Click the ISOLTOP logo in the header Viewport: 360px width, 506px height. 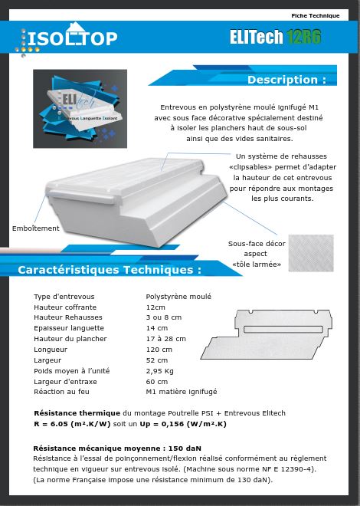70,38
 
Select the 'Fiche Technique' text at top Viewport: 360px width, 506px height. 315,15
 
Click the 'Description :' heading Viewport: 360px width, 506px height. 286,80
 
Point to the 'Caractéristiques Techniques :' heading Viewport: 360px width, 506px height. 110,270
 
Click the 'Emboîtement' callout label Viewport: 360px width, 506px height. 35,228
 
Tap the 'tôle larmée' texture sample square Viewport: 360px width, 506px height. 311,253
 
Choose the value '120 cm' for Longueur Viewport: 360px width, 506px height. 159,350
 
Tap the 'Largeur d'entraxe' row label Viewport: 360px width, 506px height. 62,382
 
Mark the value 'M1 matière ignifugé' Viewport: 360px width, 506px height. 181,392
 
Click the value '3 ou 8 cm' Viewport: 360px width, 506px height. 164,317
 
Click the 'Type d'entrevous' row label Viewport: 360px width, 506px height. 64,297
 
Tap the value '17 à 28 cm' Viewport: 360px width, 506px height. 165,339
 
